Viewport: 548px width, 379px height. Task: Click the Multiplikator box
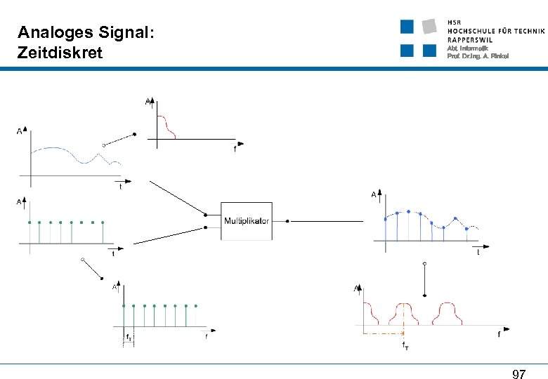(246, 221)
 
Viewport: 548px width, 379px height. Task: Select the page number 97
(519, 374)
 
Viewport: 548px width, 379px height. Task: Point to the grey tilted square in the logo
(429, 27)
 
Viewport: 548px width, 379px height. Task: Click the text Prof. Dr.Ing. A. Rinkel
(478, 56)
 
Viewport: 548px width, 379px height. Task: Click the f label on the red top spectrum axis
(235, 149)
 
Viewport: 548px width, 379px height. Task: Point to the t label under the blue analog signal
(120, 187)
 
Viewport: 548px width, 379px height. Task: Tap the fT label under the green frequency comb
(128, 337)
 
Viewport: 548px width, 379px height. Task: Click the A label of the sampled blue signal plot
(373, 194)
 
